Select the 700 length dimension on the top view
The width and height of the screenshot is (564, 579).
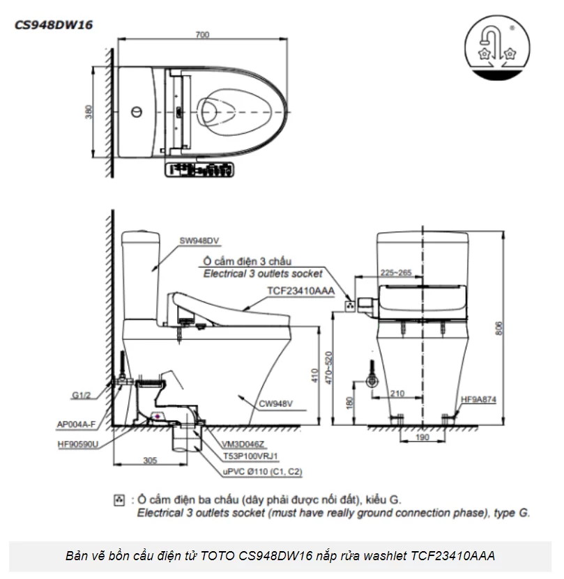pyautogui.click(x=203, y=35)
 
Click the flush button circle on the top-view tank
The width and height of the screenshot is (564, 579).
pyautogui.click(x=136, y=111)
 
